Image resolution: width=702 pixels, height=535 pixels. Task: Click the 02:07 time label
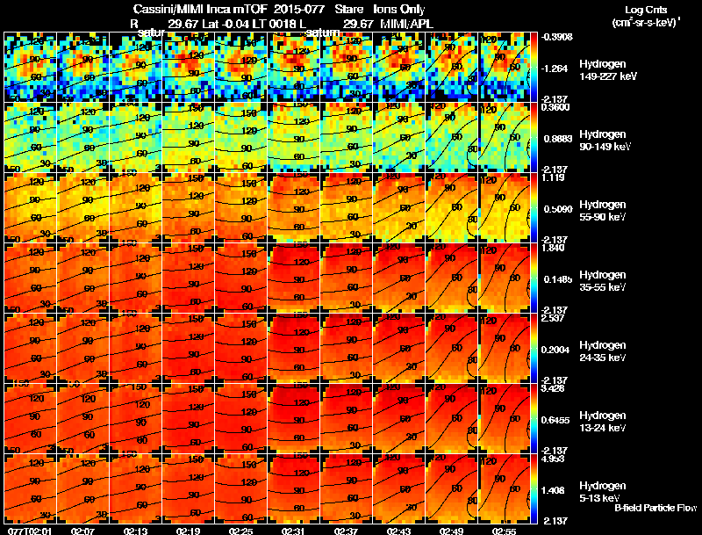pos(83,530)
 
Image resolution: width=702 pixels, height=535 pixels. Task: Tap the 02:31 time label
pos(294,530)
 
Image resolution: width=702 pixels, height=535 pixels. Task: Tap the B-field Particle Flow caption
pos(655,508)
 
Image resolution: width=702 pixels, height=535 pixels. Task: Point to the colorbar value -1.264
pos(557,68)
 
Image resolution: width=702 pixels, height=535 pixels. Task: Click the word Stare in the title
pos(344,10)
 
